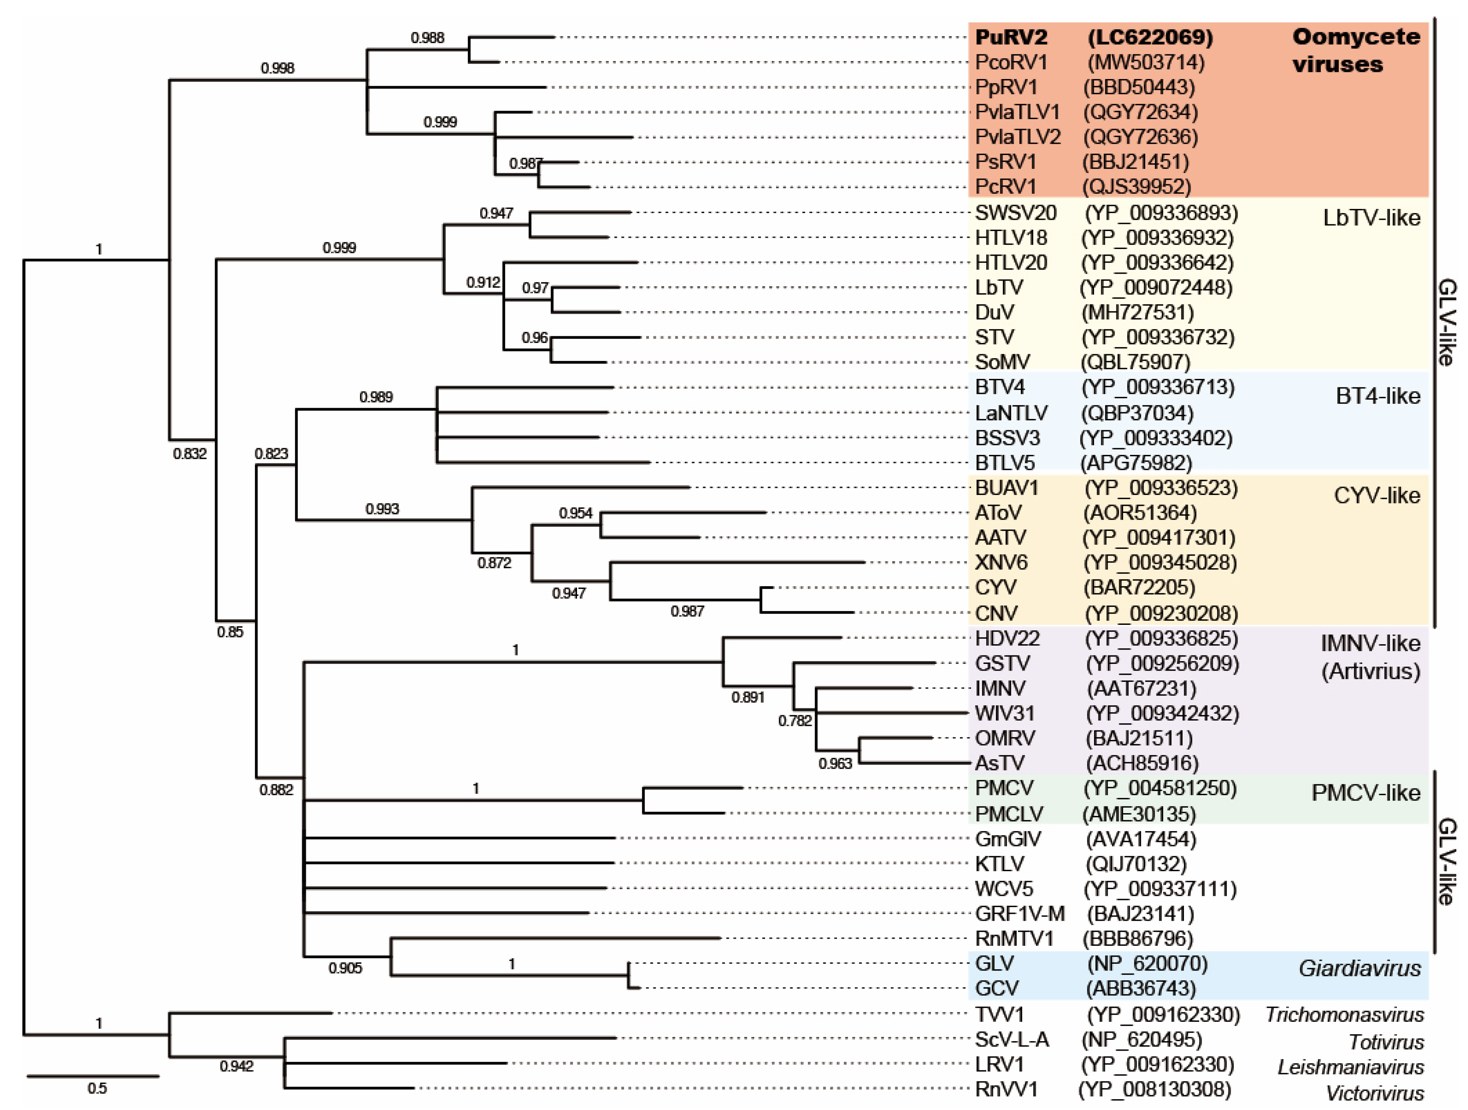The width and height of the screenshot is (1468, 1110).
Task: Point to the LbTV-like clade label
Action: coord(1371,218)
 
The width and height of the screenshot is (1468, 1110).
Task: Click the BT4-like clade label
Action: coord(1378,396)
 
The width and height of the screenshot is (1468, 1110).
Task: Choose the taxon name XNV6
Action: coord(1001,563)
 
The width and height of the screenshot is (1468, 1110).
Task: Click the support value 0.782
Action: coord(794,720)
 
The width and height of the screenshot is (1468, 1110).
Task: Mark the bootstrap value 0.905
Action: coord(345,968)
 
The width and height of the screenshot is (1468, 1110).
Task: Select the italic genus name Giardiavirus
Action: coord(1359,969)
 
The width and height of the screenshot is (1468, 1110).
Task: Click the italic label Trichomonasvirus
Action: coord(1344,1014)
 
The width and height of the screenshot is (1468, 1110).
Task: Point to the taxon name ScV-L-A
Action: coord(1011,1040)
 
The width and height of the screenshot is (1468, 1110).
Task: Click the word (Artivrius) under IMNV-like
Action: coord(1370,671)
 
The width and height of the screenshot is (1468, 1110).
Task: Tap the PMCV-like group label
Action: coord(1366,793)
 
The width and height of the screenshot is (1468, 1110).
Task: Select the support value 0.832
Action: coord(190,454)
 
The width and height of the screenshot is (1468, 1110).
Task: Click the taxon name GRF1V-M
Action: coord(1019,914)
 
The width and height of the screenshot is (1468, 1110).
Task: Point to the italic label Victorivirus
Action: coord(1374,1093)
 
